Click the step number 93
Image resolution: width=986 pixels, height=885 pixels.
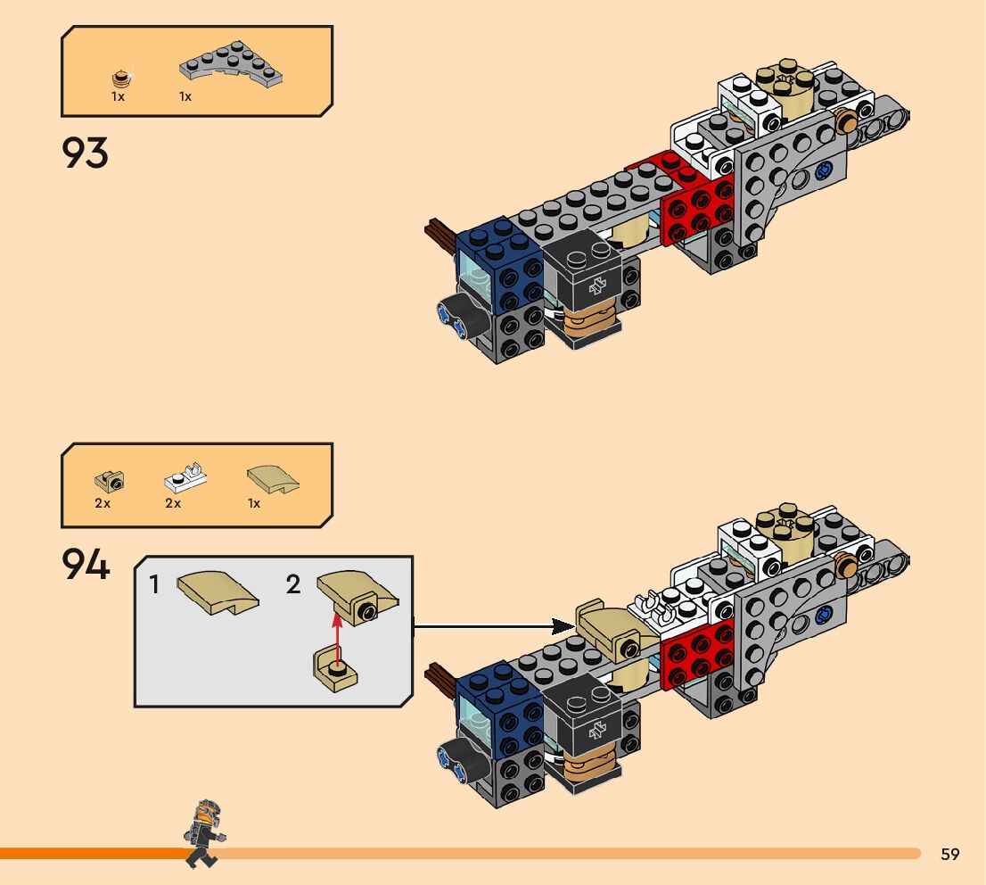[x=86, y=153]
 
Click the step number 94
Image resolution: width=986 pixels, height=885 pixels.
[x=86, y=565]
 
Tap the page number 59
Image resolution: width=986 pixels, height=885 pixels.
[x=950, y=855]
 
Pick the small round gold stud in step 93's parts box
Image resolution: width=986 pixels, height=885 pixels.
[x=119, y=78]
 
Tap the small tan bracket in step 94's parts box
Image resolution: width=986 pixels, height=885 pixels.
[x=109, y=481]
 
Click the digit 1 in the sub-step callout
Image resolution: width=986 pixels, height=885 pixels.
[x=155, y=585]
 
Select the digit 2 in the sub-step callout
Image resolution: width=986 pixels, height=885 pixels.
[x=293, y=585]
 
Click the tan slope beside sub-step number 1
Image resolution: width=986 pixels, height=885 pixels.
[x=218, y=592]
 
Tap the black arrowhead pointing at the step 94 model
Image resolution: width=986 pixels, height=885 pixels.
[x=562, y=625]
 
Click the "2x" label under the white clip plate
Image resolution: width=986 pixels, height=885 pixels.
[x=173, y=503]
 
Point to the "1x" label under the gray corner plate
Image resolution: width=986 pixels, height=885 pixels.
[x=185, y=96]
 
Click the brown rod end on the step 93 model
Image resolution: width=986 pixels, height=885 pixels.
[x=440, y=233]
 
